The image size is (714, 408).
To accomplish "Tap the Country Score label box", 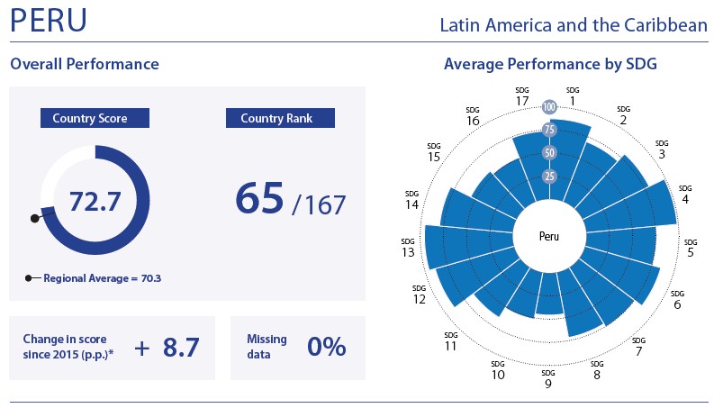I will coord(95,119).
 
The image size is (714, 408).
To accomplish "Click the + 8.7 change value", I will coord(167,348).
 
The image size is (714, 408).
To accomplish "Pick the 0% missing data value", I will coord(327,348).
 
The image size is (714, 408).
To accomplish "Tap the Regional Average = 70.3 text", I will coord(102,278).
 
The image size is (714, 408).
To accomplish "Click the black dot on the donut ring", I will coord(35,218).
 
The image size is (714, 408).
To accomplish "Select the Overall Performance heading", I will coord(84,65).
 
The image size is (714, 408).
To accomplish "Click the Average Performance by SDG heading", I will coord(550,65).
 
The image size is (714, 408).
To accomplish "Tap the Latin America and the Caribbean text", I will coord(574,25).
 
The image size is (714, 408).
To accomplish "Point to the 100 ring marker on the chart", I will coord(549,107).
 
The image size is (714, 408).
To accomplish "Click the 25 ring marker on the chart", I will coord(549,176).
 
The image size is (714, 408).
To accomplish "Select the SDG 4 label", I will coord(685,194).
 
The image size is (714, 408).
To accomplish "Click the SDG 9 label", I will coord(547,379).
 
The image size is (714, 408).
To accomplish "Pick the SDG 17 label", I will coord(522,95).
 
